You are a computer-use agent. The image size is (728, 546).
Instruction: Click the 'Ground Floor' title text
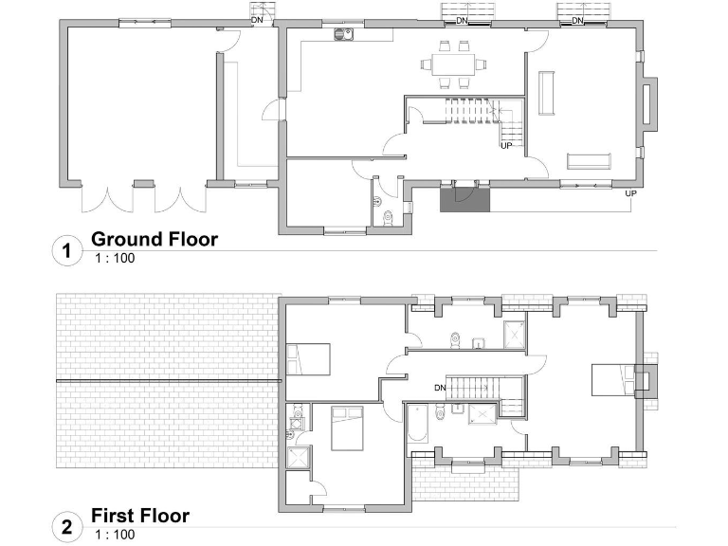(154, 239)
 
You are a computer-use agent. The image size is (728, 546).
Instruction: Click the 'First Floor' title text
(139, 516)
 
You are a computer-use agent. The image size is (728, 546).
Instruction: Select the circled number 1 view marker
(65, 251)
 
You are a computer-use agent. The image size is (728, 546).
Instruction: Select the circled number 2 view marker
(65, 528)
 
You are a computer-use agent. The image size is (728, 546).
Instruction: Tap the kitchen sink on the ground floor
(342, 37)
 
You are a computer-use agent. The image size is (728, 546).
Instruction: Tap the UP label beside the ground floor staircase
(506, 146)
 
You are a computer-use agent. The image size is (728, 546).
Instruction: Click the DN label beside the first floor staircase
(440, 388)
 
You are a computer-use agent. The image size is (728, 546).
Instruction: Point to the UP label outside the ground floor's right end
(630, 193)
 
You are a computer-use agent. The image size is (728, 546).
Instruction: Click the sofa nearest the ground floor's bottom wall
(591, 159)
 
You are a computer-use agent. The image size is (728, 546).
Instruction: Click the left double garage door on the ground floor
(105, 199)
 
